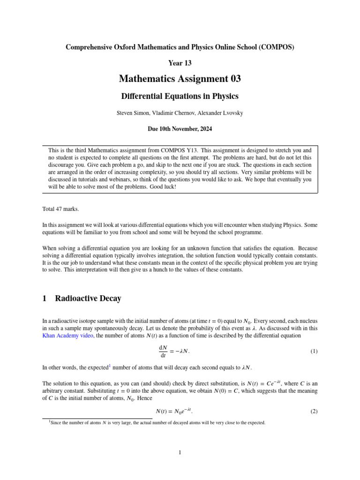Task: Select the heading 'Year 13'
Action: point(180,62)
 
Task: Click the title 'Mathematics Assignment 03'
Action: point(180,79)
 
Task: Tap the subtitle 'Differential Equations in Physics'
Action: point(180,96)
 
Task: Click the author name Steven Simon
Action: point(138,112)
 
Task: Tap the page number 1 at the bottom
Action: point(180,452)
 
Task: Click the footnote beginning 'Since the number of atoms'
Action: point(157,422)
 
